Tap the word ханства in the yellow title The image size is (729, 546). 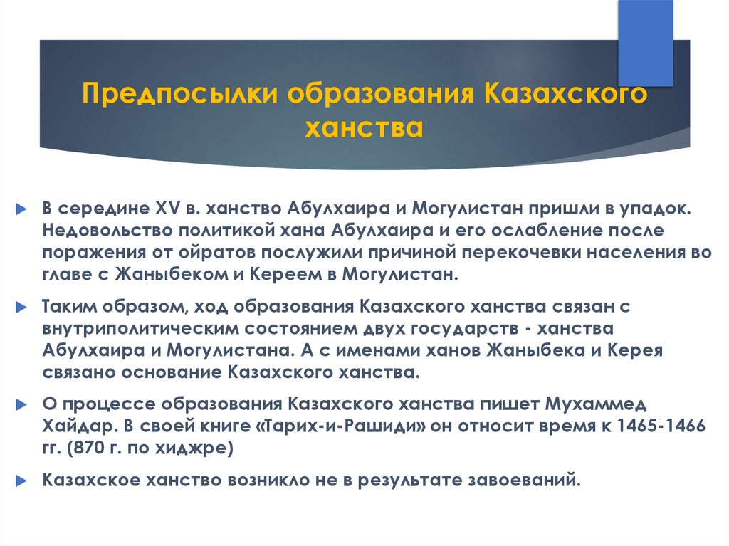[364, 127]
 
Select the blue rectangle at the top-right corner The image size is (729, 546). [645, 43]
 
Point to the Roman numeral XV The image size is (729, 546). [167, 209]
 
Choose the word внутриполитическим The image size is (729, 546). [140, 328]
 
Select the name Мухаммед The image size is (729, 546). [596, 404]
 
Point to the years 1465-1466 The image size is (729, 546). [661, 426]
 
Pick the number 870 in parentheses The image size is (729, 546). [83, 448]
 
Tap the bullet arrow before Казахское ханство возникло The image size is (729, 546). [22, 481]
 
